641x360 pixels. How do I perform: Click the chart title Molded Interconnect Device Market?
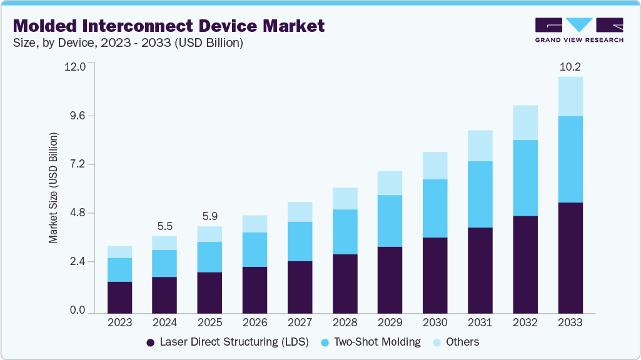tap(169, 26)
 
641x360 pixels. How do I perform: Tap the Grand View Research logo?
tap(579, 30)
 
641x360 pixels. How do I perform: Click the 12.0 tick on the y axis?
tap(79, 67)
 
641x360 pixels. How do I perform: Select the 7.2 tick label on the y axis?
tap(81, 164)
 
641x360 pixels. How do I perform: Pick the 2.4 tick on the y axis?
tap(81, 262)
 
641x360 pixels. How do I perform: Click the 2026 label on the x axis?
tap(255, 322)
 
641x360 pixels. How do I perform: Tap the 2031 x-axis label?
tap(480, 322)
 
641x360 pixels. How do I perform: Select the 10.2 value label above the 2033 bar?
tap(570, 66)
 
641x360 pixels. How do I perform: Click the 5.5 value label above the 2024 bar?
tap(164, 226)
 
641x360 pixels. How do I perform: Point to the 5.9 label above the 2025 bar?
tap(209, 217)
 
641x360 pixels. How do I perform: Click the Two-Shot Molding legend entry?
tap(370, 342)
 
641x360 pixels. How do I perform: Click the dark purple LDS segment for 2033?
tap(570, 257)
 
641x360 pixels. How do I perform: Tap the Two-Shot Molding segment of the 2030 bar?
tap(435, 208)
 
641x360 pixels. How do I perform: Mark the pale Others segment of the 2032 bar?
tap(525, 122)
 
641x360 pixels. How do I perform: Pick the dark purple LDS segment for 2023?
tap(119, 297)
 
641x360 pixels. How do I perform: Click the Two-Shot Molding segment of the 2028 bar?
tap(345, 232)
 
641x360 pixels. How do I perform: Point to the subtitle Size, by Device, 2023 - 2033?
tap(128, 43)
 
